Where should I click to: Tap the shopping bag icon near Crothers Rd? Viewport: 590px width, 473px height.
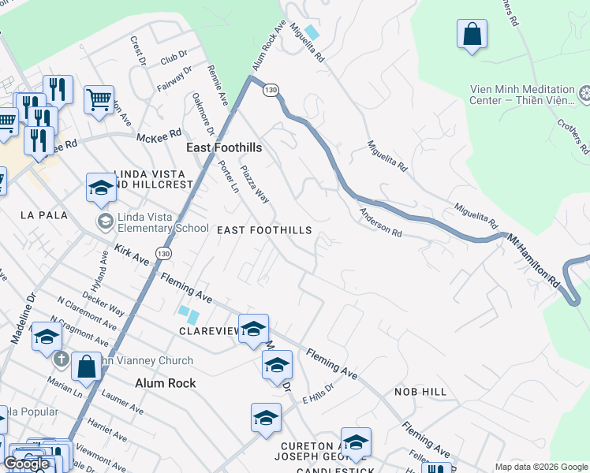[x=472, y=35]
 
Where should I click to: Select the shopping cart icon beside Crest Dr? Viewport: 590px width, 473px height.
[x=99, y=100]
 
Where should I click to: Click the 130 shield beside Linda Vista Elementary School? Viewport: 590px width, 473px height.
[x=162, y=253]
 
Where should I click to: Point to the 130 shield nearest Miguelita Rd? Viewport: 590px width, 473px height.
[x=271, y=91]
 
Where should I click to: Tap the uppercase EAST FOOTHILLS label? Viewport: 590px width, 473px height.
[x=264, y=230]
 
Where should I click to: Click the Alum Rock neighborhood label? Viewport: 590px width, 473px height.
[x=165, y=383]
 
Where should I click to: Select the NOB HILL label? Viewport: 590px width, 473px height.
[x=420, y=392]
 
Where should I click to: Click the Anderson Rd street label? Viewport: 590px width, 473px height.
[x=381, y=223]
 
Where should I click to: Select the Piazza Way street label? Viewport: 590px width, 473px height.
[x=255, y=184]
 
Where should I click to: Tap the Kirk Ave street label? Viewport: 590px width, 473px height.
[x=131, y=254]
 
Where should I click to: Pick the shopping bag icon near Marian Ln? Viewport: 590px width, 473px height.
[x=86, y=367]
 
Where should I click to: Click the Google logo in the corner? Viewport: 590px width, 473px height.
[x=26, y=464]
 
